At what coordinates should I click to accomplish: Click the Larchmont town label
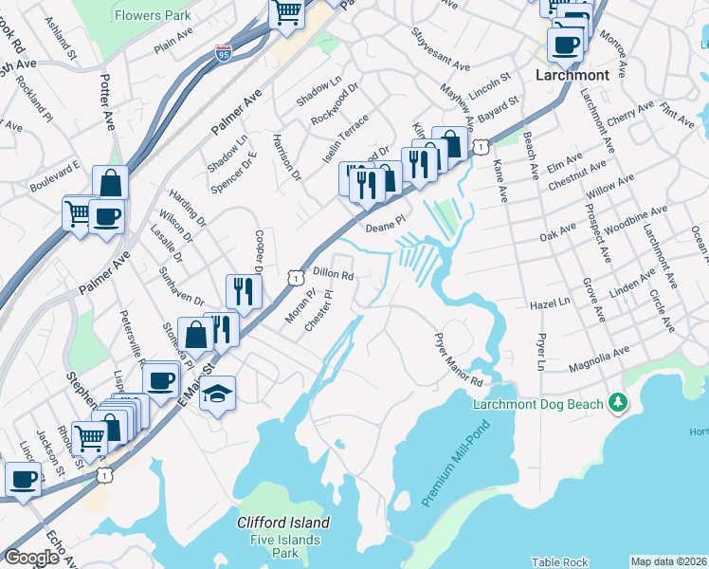pos(571,74)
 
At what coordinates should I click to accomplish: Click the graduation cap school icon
pos(217,394)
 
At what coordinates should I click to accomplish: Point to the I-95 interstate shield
pos(224,53)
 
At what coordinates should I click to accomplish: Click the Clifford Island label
pos(283,523)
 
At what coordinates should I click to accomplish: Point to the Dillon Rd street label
pos(333,274)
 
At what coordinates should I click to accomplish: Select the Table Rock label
pos(559,562)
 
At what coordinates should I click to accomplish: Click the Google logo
pos(30,558)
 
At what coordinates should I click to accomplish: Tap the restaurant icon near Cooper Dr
pos(244,291)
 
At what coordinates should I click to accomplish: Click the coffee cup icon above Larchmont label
pos(565,44)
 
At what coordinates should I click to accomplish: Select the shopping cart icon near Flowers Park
pos(285,12)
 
